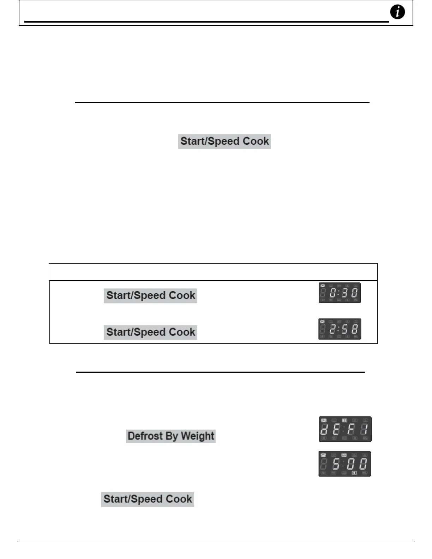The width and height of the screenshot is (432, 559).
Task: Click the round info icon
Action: point(397,12)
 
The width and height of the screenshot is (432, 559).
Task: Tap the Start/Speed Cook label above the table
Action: point(224,142)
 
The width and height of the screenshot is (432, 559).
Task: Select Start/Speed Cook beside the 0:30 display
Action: point(150,295)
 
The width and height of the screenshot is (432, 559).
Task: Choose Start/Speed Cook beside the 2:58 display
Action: point(150,332)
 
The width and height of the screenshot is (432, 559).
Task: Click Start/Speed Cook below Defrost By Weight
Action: point(148,499)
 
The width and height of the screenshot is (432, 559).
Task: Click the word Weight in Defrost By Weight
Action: point(198,436)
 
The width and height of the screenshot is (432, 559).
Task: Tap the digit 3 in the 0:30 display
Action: point(345,293)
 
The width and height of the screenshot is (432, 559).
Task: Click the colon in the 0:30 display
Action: point(339,293)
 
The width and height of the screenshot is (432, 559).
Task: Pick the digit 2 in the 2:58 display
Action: point(332,329)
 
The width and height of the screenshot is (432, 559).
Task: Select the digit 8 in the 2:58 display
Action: point(354,329)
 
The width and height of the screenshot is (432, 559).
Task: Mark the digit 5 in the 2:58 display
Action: point(345,329)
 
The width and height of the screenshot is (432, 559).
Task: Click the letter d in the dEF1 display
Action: point(324,429)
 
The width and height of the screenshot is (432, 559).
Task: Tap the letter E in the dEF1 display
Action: point(336,429)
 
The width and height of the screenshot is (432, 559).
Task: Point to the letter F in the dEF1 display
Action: point(351,429)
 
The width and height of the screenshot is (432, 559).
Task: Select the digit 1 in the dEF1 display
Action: point(365,429)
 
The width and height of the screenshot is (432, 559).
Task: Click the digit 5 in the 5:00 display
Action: point(336,464)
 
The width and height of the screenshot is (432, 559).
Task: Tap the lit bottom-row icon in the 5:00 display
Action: point(354,473)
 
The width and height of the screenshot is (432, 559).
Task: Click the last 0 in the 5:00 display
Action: point(363,464)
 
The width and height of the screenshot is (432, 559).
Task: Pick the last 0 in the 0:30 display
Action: point(354,293)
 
